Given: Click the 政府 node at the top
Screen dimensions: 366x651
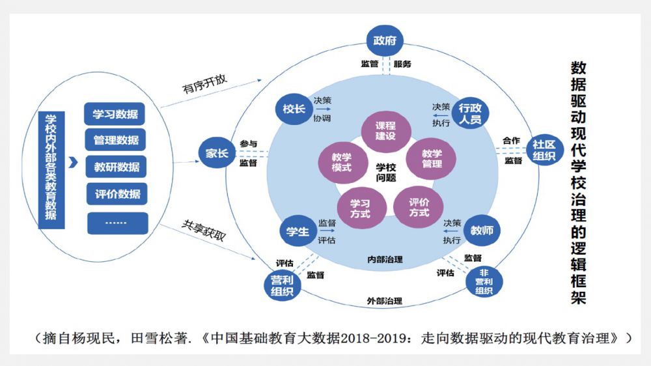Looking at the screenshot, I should [385, 41].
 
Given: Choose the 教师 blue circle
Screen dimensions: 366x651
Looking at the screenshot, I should [482, 230].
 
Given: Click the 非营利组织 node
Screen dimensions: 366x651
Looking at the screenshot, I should [484, 281].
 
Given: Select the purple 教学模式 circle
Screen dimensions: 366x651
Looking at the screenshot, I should [342, 162].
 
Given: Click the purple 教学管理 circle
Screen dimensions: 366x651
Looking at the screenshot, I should [431, 158].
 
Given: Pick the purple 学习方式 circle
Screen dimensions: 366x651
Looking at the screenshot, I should [360, 208].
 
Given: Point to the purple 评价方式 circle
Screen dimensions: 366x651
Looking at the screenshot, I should [419, 207].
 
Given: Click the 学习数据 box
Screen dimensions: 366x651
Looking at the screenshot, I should [115, 115].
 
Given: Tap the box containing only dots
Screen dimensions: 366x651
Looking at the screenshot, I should [117, 222].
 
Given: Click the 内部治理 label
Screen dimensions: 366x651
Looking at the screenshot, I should [385, 259].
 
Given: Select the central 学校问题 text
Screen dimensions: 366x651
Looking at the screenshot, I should [385, 171].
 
